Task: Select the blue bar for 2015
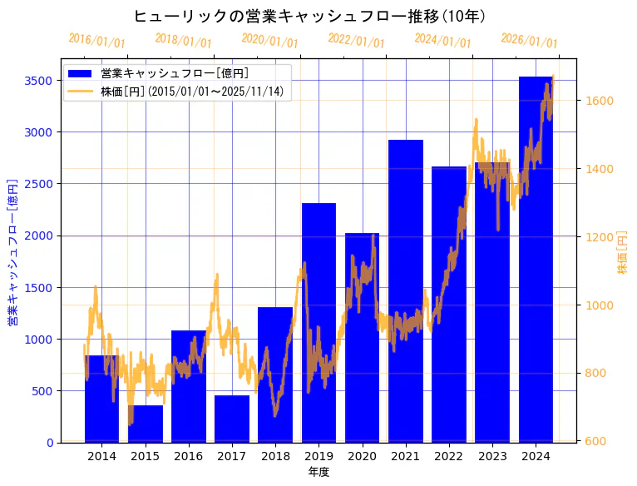click(x=146, y=424)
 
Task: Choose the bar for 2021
click(x=406, y=291)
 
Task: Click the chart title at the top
click(x=309, y=17)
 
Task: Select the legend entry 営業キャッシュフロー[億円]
click(x=175, y=74)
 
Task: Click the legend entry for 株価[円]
click(x=195, y=92)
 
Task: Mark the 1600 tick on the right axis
click(x=599, y=101)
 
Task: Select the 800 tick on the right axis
click(x=596, y=373)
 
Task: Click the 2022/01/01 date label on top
click(x=356, y=41)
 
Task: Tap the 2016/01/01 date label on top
click(x=96, y=41)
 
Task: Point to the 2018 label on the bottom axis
click(x=275, y=456)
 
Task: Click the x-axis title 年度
click(x=318, y=472)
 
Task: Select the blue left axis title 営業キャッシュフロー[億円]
click(x=12, y=251)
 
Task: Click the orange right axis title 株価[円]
click(x=622, y=253)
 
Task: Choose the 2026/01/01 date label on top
click(x=529, y=41)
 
